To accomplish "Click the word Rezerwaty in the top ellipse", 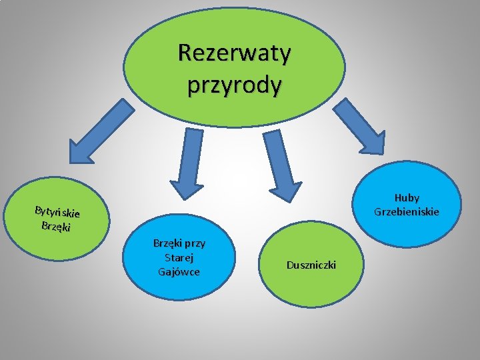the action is [x=234, y=53].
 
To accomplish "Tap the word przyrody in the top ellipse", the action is [x=234, y=85].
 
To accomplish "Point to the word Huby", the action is [x=407, y=198].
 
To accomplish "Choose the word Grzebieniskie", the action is [x=407, y=212].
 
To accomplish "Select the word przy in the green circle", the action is [x=194, y=243].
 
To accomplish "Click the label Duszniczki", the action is [x=311, y=265].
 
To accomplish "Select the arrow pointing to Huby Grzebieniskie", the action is [x=361, y=127].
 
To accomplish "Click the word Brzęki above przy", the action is [x=166, y=243].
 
